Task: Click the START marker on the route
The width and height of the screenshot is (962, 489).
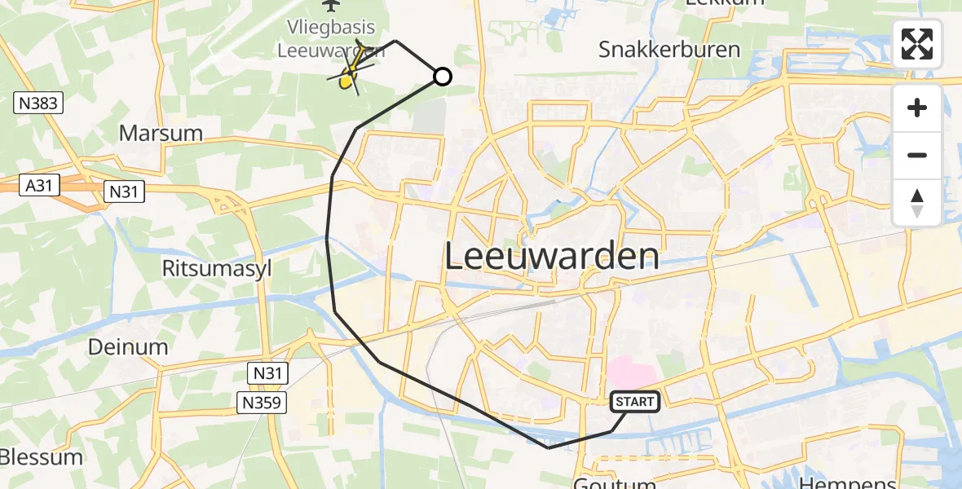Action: click(x=634, y=401)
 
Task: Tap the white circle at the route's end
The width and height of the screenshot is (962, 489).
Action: click(x=442, y=77)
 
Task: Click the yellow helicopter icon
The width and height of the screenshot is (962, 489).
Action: click(x=348, y=77)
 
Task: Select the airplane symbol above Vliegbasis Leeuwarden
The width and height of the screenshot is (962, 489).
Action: click(x=331, y=6)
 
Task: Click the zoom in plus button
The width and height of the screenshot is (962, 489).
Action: click(x=917, y=108)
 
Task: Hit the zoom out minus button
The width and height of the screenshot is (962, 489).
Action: click(x=917, y=155)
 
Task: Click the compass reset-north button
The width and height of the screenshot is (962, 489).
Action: click(x=917, y=202)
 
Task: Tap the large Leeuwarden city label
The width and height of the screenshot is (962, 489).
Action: click(x=552, y=257)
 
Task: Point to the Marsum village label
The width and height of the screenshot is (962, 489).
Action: click(x=160, y=133)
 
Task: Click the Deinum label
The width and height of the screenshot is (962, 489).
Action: click(x=129, y=347)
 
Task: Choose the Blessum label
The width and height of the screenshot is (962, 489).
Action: click(x=41, y=456)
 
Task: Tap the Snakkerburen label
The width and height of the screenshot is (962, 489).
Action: click(x=669, y=50)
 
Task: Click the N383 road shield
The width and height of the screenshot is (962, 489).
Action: click(x=38, y=103)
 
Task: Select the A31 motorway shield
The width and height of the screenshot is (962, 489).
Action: click(x=38, y=186)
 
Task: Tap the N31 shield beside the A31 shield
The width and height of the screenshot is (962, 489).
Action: click(x=124, y=192)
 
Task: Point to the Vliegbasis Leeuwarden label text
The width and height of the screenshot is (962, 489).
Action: click(x=330, y=38)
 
